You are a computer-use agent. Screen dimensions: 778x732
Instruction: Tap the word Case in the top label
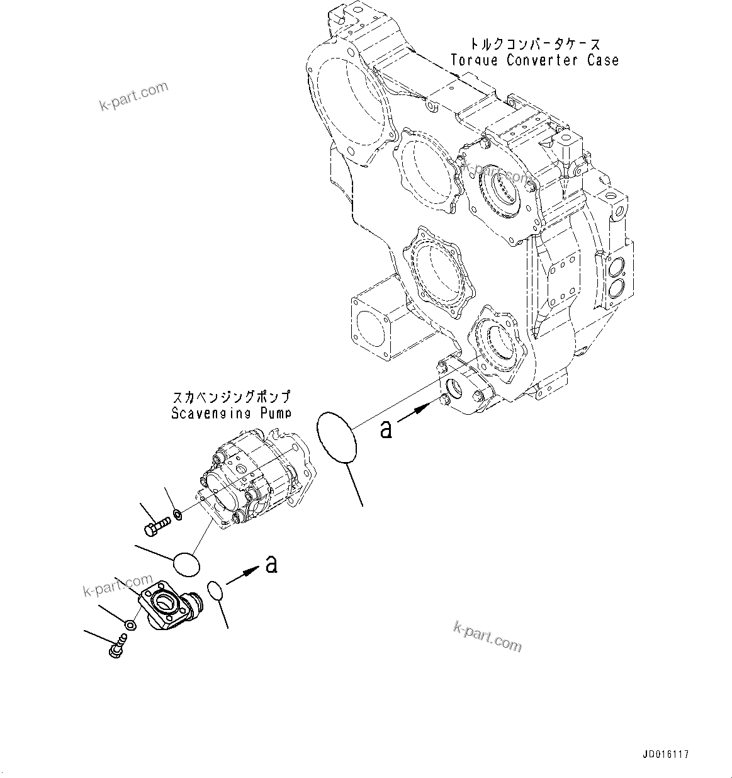point(602,60)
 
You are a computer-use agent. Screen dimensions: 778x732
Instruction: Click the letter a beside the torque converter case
point(386,429)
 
